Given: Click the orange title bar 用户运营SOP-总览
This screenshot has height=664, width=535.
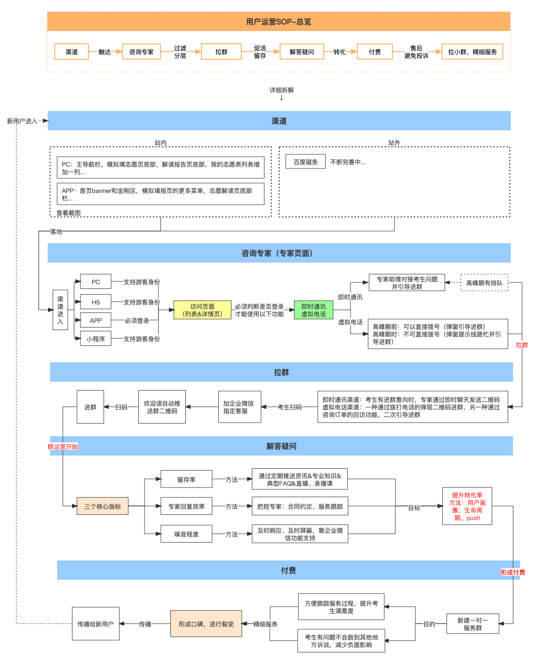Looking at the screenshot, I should coord(279,22).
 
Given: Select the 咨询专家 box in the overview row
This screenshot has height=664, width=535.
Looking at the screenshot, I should coord(141,52).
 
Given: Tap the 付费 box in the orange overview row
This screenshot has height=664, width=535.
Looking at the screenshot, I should coord(375,52).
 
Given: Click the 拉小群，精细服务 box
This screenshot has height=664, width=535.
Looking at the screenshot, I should coord(472,52).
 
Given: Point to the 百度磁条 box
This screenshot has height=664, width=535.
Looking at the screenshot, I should coord(306,162).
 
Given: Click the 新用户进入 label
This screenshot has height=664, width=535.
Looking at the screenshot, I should coord(22,121).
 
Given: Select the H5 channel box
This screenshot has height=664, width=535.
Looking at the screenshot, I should coord(96,302).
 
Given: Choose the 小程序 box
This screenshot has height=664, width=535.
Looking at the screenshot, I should coord(96,339).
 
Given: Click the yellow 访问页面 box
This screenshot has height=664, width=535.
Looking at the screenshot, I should coord(202,310).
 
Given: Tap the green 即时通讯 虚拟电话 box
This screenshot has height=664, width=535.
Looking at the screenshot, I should coord(313,310).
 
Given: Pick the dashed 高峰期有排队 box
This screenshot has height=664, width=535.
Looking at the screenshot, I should coord(484,283).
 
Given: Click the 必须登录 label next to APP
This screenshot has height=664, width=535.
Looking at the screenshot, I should coord(137,320).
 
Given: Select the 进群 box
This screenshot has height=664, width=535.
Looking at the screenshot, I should coord(90,407).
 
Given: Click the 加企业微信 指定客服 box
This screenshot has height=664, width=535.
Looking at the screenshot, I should coord(239,407).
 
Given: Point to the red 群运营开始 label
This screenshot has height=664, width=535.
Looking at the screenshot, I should coord(63,447).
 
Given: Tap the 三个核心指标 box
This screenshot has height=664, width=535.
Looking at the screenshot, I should coord(103,506).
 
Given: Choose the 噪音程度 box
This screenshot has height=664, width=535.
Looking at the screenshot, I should coord(186,534).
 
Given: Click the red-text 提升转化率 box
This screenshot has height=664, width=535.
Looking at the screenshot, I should coord(467,506).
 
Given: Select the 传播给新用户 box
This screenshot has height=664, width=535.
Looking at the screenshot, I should coord(96,624).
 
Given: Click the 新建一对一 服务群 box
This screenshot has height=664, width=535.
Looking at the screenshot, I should coord(472,624).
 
